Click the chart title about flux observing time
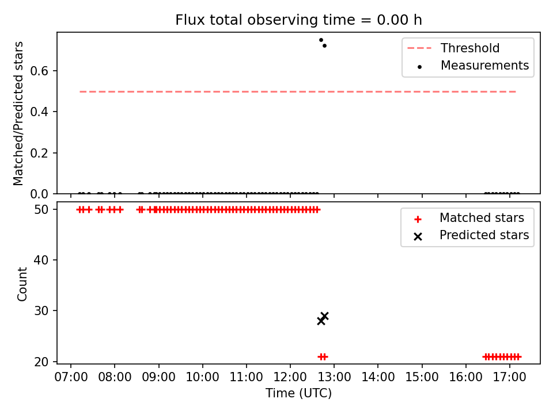pos(298,20)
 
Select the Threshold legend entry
pos(453,48)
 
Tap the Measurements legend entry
pos(472,66)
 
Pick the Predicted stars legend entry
pos(471,235)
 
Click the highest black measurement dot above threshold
pos(321,40)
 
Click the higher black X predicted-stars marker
pos(325,316)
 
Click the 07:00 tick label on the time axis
pos(71,377)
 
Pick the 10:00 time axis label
pos(202,377)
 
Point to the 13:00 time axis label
pos(334,377)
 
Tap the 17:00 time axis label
pos(509,377)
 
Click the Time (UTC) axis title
pos(298,393)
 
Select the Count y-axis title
pos(22,284)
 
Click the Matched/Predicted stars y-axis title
pos(18,113)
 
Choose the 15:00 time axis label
pos(422,377)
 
